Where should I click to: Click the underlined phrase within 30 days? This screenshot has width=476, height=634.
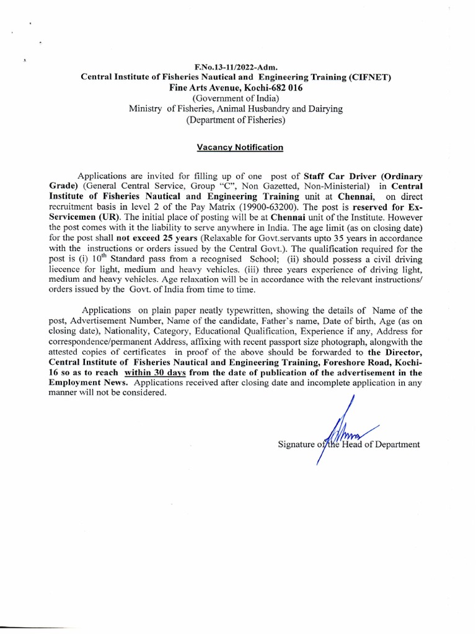[156, 373]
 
